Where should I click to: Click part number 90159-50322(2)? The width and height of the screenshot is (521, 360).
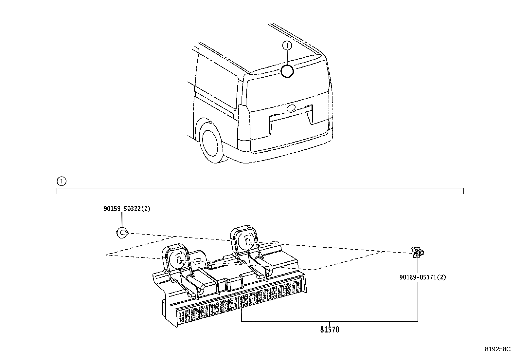pyautogui.click(x=127, y=209)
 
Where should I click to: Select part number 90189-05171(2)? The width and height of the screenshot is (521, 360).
pyautogui.click(x=422, y=277)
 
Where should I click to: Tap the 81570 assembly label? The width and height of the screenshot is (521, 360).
pyautogui.click(x=330, y=330)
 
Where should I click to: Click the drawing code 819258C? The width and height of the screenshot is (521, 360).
pyautogui.click(x=498, y=349)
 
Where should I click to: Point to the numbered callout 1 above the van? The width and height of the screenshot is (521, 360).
pyautogui.click(x=287, y=46)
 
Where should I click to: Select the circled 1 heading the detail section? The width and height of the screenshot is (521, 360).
pyautogui.click(x=62, y=181)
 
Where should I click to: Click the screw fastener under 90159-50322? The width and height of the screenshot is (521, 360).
pyautogui.click(x=122, y=233)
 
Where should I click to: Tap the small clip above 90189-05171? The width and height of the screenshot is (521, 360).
pyautogui.click(x=418, y=253)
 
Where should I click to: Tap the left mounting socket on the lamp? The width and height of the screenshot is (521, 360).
pyautogui.click(x=176, y=258)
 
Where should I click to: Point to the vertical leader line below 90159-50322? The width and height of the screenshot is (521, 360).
pyautogui.click(x=122, y=220)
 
